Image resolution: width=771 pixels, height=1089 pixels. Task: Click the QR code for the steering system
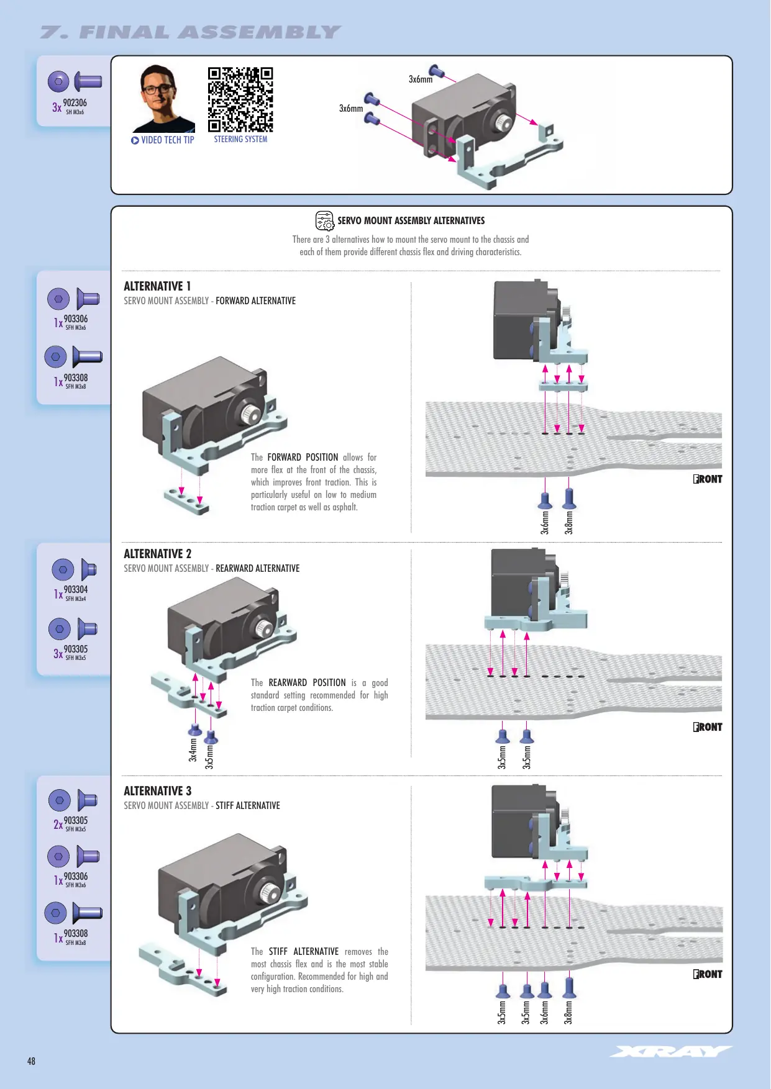240,99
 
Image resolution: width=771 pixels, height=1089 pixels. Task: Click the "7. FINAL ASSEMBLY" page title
191,32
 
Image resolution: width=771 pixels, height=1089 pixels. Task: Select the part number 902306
75,103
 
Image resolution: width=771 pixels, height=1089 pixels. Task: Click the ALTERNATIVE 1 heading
157,286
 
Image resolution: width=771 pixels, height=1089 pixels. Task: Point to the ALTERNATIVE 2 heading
157,554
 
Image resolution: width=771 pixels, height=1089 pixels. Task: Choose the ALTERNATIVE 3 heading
157,791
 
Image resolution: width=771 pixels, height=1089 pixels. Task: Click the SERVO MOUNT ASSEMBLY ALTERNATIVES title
411,221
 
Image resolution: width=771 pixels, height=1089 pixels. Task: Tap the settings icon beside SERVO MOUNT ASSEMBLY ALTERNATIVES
324,220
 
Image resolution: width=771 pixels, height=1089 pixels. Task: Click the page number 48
31,1061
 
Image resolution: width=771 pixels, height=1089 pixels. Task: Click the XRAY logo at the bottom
672,1051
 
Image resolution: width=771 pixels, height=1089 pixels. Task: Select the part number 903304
76,590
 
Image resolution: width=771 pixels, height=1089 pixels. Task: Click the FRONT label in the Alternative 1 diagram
708,479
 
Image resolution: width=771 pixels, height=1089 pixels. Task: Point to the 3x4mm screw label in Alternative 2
193,749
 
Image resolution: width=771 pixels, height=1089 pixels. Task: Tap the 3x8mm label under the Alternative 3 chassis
568,1012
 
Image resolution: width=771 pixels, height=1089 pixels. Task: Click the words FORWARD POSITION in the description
303,458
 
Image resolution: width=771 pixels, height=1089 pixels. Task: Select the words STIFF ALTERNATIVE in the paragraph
304,952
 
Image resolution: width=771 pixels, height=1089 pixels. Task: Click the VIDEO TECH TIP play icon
135,140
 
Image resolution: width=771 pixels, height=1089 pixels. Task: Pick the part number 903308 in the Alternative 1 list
76,378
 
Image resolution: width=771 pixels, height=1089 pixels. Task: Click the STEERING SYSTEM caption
240,140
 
